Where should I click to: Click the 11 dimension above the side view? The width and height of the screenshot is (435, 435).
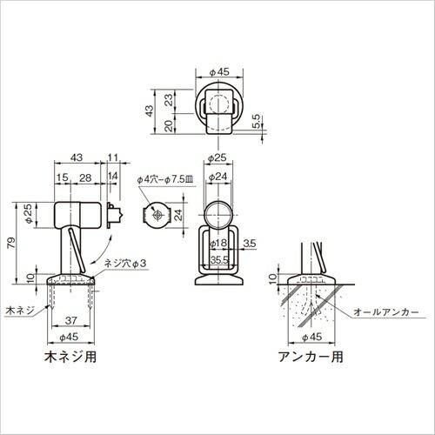(x=113, y=157)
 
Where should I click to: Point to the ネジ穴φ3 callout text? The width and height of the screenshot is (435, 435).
(x=124, y=263)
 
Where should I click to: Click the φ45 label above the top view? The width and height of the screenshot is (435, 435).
(x=218, y=72)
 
